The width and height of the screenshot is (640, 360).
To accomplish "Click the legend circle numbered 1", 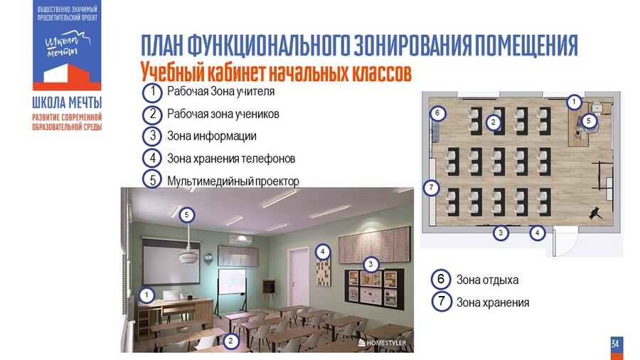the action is [153, 92].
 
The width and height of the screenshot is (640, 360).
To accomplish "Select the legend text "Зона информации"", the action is [212, 136].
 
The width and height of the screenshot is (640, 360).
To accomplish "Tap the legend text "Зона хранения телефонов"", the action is [231, 159].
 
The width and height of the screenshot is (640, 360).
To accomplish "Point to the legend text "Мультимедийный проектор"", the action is [233, 181].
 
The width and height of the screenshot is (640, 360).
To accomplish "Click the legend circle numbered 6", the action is [441, 280].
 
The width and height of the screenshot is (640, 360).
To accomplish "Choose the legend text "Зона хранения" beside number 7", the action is [493, 302].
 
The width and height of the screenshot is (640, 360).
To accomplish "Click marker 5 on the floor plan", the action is [589, 121].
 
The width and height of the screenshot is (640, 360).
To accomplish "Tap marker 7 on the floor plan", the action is [432, 188].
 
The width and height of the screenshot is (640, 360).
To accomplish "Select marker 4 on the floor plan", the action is [537, 233].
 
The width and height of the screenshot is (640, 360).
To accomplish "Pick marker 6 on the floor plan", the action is [437, 112].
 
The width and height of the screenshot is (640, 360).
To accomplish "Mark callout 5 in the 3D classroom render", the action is [186, 215].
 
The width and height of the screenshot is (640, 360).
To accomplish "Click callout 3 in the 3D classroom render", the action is [370, 264].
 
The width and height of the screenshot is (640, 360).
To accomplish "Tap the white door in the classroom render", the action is [298, 272].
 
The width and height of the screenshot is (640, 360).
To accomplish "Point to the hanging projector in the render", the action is [188, 257].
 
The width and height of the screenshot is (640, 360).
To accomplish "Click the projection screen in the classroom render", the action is [171, 263].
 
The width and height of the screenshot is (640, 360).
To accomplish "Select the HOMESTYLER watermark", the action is [382, 343].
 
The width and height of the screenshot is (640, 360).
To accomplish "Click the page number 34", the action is [615, 344].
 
